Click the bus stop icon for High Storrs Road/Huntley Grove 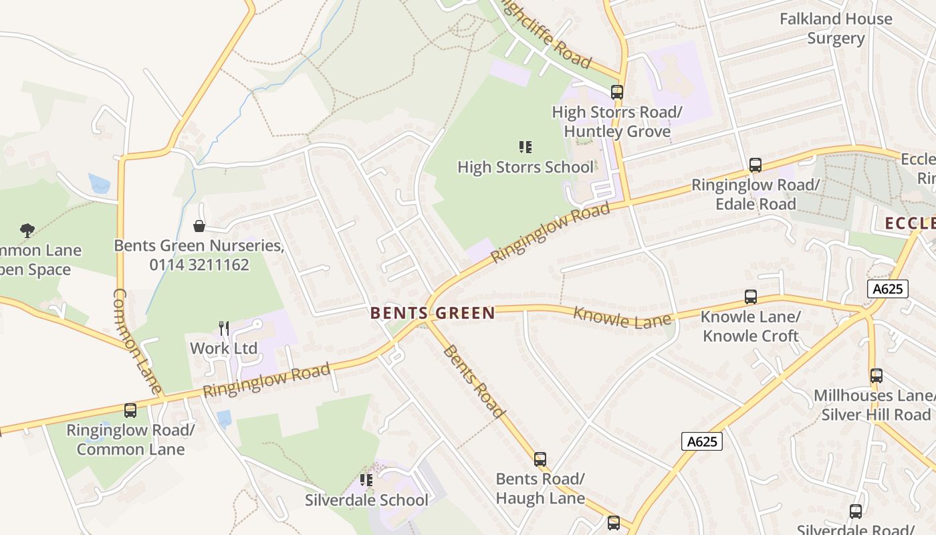(x=616, y=92)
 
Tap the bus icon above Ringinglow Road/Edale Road (x=755, y=165)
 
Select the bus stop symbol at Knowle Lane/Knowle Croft (x=751, y=297)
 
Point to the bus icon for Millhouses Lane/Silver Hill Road (x=876, y=376)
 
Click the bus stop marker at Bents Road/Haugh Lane (x=540, y=459)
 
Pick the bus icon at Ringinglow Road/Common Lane (x=130, y=411)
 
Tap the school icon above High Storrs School (x=525, y=147)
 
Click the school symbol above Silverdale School (x=366, y=480)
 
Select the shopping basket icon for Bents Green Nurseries (x=199, y=226)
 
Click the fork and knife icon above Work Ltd (x=224, y=328)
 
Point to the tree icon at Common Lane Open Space (x=27, y=231)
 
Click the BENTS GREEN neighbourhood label (x=433, y=313)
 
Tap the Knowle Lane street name (x=622, y=318)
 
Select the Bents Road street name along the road (x=474, y=381)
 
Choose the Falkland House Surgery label (x=836, y=29)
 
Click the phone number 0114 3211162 (x=199, y=265)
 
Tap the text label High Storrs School (x=525, y=167)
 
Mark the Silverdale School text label (x=366, y=500)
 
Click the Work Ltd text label (x=224, y=348)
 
